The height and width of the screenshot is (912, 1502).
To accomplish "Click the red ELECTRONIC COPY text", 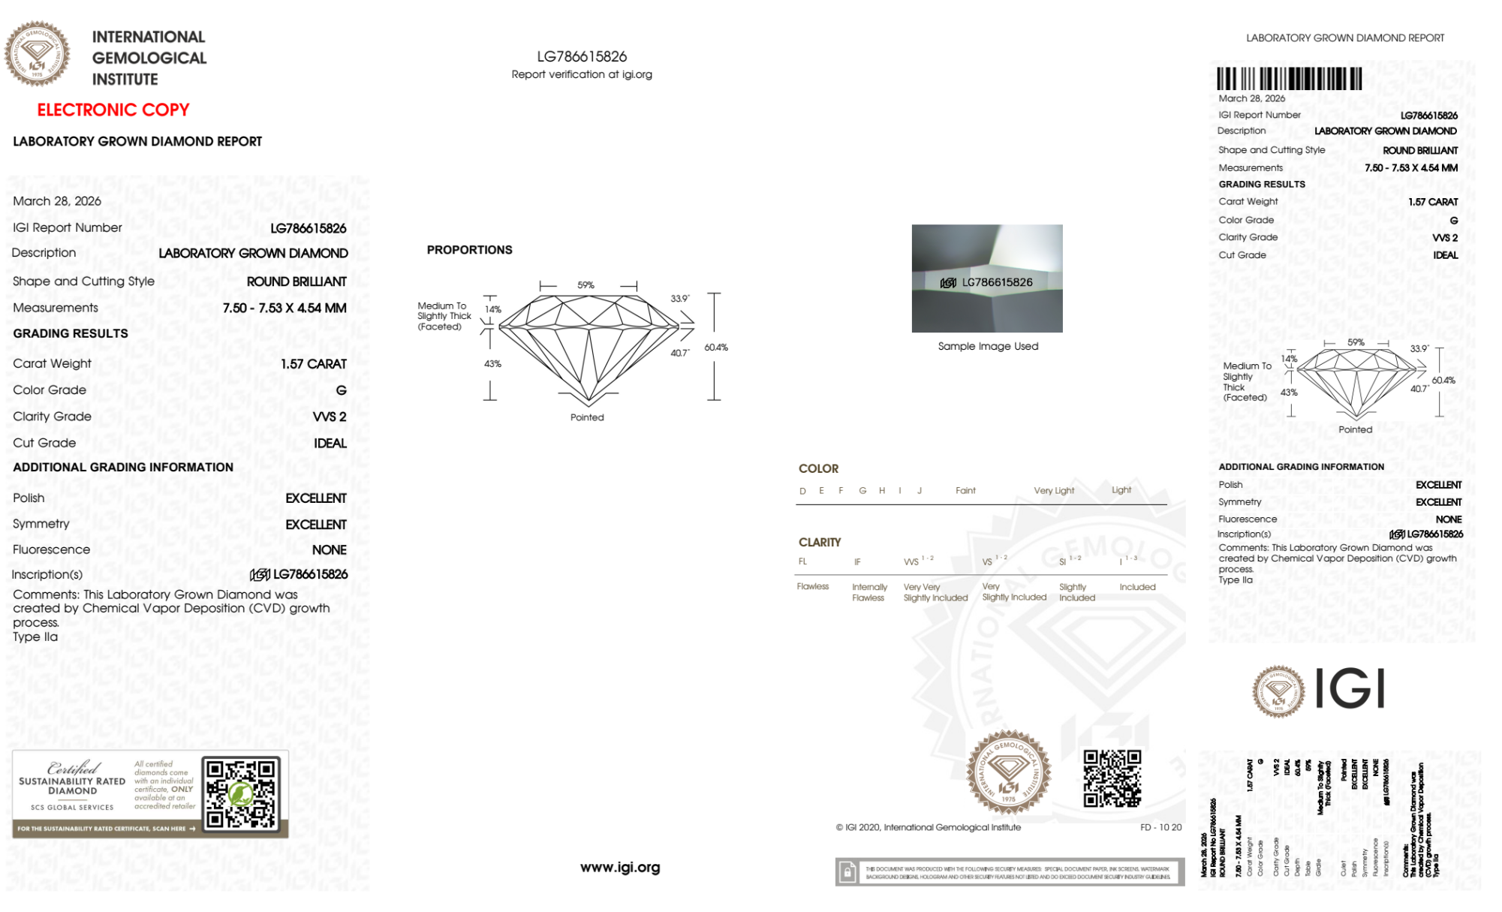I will click(113, 110).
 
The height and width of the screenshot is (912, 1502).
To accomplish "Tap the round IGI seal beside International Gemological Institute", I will click(37, 54).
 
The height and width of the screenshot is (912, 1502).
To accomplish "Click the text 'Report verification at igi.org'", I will click(582, 74).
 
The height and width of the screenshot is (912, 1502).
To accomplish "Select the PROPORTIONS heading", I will click(469, 250).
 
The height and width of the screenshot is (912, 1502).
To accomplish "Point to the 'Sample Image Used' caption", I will click(988, 346).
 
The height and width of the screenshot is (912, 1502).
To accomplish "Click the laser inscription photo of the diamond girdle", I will click(987, 278).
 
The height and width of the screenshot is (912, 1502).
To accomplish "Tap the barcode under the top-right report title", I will click(1289, 79).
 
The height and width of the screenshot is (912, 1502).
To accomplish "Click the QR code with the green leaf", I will click(241, 793).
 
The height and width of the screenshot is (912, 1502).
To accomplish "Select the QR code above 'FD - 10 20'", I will click(1112, 778).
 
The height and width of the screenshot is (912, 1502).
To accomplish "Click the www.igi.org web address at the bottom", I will click(620, 867).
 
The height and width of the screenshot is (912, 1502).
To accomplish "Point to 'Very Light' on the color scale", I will click(1054, 491).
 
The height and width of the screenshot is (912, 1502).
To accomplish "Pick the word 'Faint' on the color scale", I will click(965, 491).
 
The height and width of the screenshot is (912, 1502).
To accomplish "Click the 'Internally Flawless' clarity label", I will click(869, 592).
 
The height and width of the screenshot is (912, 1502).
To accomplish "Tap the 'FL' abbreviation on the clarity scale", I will click(802, 561).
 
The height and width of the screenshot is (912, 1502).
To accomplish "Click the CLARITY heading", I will click(820, 542).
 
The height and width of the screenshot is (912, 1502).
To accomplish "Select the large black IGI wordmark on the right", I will click(1350, 689).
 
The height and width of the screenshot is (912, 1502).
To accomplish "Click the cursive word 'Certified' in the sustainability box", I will click(73, 768).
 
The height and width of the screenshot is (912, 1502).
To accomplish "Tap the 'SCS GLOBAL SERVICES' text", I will click(72, 808).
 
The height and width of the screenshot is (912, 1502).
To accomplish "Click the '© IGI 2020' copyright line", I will click(929, 827).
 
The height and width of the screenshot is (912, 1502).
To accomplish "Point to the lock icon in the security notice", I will click(847, 872).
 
